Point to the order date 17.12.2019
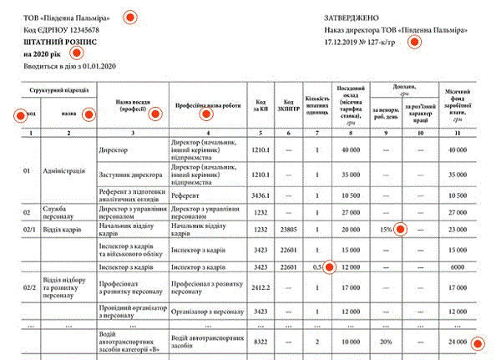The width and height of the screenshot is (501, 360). point(342,41)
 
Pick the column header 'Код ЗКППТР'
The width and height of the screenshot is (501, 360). point(288,106)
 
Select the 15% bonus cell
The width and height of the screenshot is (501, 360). point(385,229)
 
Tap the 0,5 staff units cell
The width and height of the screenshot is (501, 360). point(317,267)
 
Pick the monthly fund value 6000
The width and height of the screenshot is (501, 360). point(457,267)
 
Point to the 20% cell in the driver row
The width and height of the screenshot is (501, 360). point(385,341)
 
